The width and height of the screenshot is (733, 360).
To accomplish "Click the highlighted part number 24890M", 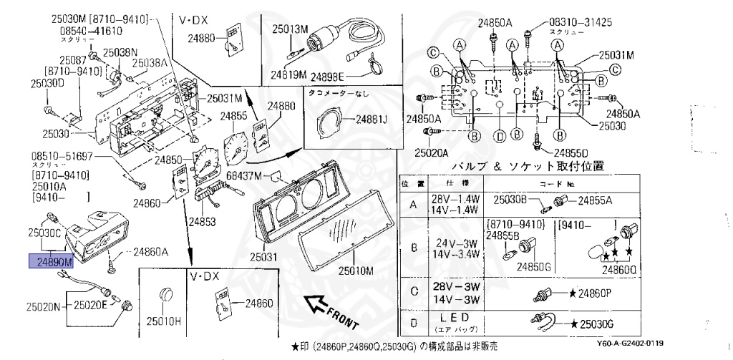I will click(50, 262).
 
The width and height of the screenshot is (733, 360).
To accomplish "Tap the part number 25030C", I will click(44, 232).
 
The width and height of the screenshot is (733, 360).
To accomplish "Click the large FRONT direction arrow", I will click(330, 312).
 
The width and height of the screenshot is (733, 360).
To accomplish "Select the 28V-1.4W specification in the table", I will click(450, 198).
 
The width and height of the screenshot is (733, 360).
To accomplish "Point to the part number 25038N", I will click(120, 52).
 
